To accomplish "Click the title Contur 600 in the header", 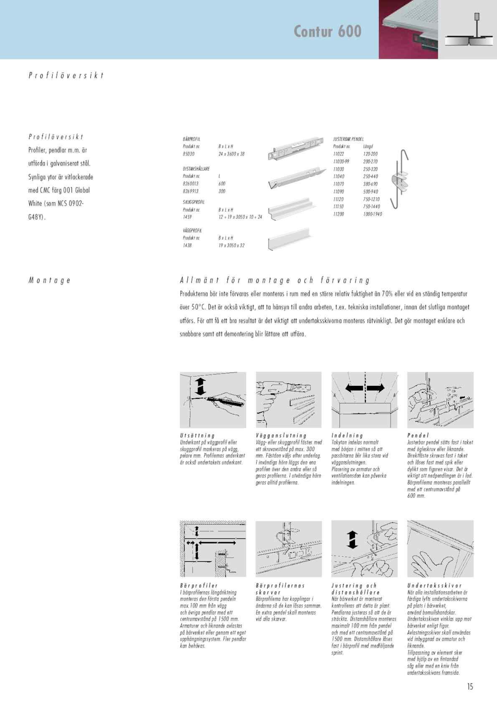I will [327, 31].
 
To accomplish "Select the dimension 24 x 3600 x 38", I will [231, 154].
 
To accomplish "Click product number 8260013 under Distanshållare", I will [190, 184].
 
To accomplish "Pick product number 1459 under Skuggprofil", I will [187, 217].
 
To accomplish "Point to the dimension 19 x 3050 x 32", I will [231, 245].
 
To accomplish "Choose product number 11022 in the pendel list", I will [338, 154].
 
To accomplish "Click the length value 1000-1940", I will [373, 214].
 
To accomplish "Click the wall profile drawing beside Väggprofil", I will [289, 240].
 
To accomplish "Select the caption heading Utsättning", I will [197, 436].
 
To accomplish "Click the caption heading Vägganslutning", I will [281, 436].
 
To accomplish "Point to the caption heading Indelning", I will [347, 436].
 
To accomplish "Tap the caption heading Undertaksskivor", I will [434, 586].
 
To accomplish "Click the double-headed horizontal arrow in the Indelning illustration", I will [365, 388].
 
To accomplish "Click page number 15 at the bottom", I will [470, 686].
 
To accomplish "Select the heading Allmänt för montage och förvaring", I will [274, 280].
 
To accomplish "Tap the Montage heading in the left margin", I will [49, 280].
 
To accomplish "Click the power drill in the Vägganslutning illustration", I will [271, 389].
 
